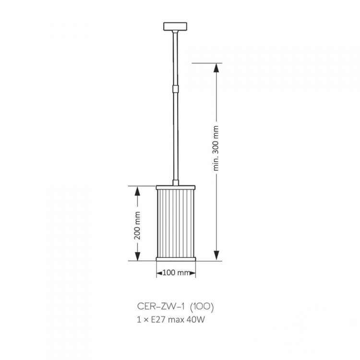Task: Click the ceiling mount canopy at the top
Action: coord(175,26)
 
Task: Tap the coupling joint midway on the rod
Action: coord(175,88)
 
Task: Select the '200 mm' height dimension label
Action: coord(137,226)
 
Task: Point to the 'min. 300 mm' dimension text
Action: coord(216,148)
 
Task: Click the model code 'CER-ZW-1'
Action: coord(161,306)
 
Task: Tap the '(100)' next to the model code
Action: coord(202,307)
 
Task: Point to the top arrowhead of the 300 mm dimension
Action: coord(216,68)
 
